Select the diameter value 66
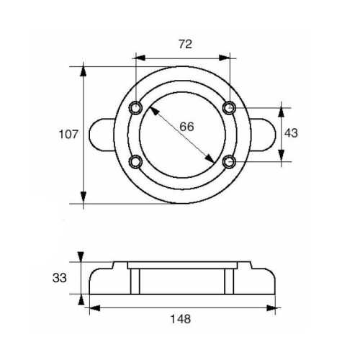coord(186,127)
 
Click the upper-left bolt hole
coord(135,108)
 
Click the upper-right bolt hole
coord(229,108)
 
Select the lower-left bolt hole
coord(135,161)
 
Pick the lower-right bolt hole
coord(229,161)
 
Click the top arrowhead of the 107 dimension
coord(85,71)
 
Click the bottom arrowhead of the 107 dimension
coord(85,198)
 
